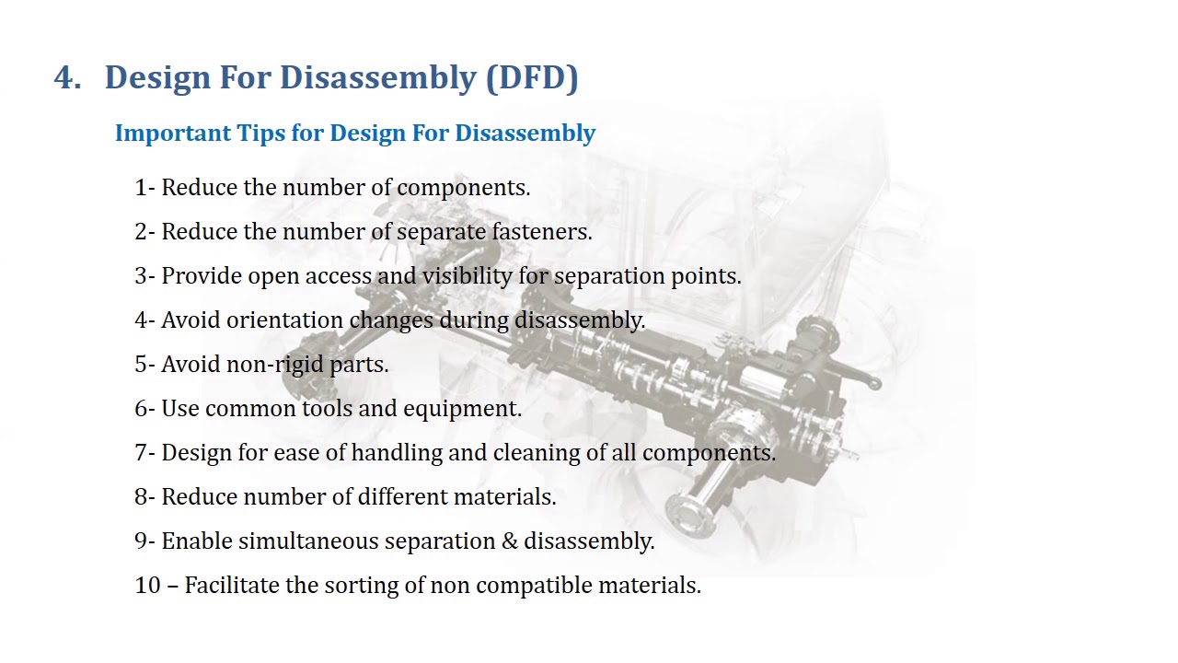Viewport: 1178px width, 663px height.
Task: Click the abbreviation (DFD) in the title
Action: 532,77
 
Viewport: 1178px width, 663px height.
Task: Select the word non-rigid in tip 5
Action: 263,365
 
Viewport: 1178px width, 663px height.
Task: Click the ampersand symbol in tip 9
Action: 510,541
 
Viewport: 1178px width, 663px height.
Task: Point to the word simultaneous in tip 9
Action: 308,541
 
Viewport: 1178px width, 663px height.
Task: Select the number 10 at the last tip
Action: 147,586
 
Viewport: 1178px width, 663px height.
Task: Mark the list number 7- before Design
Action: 145,453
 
